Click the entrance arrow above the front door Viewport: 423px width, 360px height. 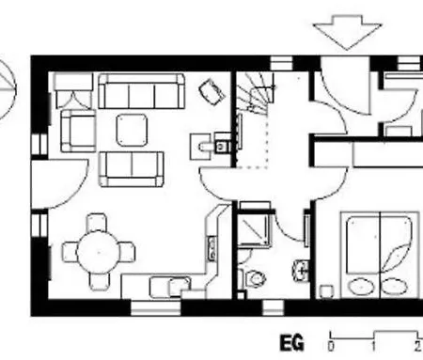tap(347, 31)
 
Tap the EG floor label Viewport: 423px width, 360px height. tap(291, 343)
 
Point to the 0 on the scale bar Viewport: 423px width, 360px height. tap(331, 347)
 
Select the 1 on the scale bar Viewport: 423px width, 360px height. tap(374, 347)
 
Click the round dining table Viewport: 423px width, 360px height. tap(99, 252)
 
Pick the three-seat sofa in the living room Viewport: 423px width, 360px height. tap(141, 91)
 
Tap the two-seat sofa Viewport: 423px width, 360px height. tap(132, 169)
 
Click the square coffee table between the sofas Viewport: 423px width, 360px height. tap(132, 130)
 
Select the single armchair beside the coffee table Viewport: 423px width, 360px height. tap(78, 131)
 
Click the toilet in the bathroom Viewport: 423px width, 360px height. tap(256, 278)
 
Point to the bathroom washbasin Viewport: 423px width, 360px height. tap(301, 270)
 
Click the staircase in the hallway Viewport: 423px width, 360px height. tap(255, 91)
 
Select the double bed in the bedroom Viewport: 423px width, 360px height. tap(380, 255)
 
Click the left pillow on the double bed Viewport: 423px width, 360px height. tap(362, 287)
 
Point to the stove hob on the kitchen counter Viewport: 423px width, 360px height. tap(211, 248)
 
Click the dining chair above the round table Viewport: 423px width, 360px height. tap(96, 222)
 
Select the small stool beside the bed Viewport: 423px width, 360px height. tap(326, 291)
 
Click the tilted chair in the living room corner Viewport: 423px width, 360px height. tap(212, 92)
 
